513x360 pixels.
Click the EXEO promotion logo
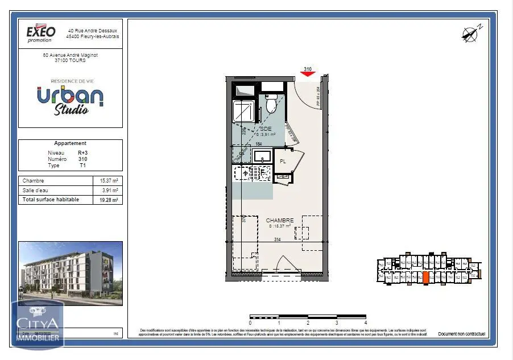coord(42,33)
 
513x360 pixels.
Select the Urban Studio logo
coord(71,100)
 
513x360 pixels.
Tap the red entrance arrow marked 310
coord(308,74)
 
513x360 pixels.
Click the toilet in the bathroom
coord(271,105)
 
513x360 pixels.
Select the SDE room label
coord(266,129)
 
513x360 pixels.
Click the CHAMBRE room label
coord(280,220)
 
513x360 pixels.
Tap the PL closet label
coord(283,162)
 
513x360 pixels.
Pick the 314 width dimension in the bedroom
coord(278,239)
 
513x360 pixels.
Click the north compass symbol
coord(470,34)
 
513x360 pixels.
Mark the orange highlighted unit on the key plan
coord(425,278)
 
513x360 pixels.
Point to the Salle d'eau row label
coord(35,191)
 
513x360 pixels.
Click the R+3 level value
coord(83,153)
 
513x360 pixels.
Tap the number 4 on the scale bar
coord(366,322)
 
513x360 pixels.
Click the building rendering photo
coord(71,274)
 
